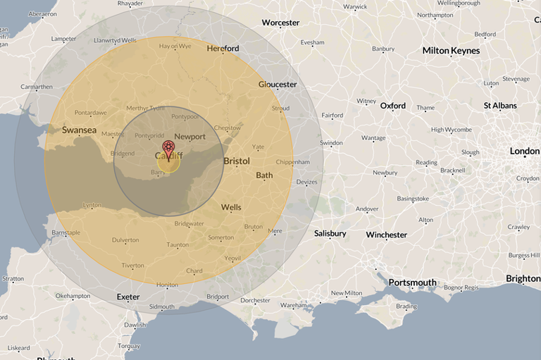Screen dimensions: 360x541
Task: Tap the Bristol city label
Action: coord(237,161)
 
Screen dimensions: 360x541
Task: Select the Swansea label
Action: coord(79,130)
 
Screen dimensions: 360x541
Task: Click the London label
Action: coord(524,151)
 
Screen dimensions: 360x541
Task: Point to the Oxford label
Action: coord(392,106)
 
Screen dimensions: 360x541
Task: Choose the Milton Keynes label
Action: coord(451,51)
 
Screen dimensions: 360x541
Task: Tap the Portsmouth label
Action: coord(412,283)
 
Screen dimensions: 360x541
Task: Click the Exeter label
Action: coord(128,297)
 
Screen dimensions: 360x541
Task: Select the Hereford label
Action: coord(223,49)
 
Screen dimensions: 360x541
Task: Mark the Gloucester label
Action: coord(278,85)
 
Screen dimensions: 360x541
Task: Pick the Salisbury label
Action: coord(330,233)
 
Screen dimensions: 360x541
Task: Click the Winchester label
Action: coord(386,235)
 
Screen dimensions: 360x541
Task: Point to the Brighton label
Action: coord(523,279)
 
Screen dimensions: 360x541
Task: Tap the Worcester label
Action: coord(280,23)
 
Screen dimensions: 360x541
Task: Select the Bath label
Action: coord(264,175)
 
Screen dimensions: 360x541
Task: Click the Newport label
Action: coord(189,136)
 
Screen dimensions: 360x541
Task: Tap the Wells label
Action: coord(231,208)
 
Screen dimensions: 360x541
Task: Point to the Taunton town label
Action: coord(177,244)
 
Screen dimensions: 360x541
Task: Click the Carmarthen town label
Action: coord(36,87)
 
